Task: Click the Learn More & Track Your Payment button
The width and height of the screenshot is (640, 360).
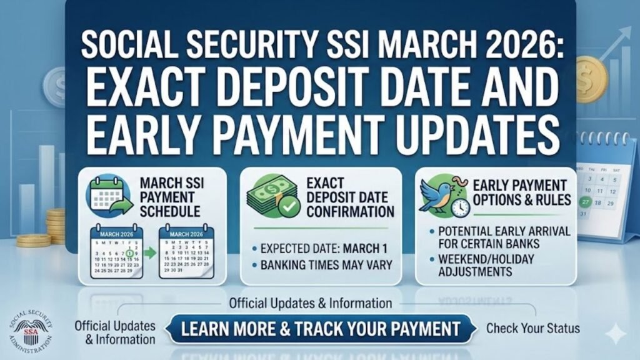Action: (321, 329)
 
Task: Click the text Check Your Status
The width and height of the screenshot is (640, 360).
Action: (532, 328)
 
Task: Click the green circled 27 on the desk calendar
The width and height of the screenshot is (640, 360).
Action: (586, 202)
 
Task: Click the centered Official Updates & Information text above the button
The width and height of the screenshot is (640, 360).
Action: (311, 304)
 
